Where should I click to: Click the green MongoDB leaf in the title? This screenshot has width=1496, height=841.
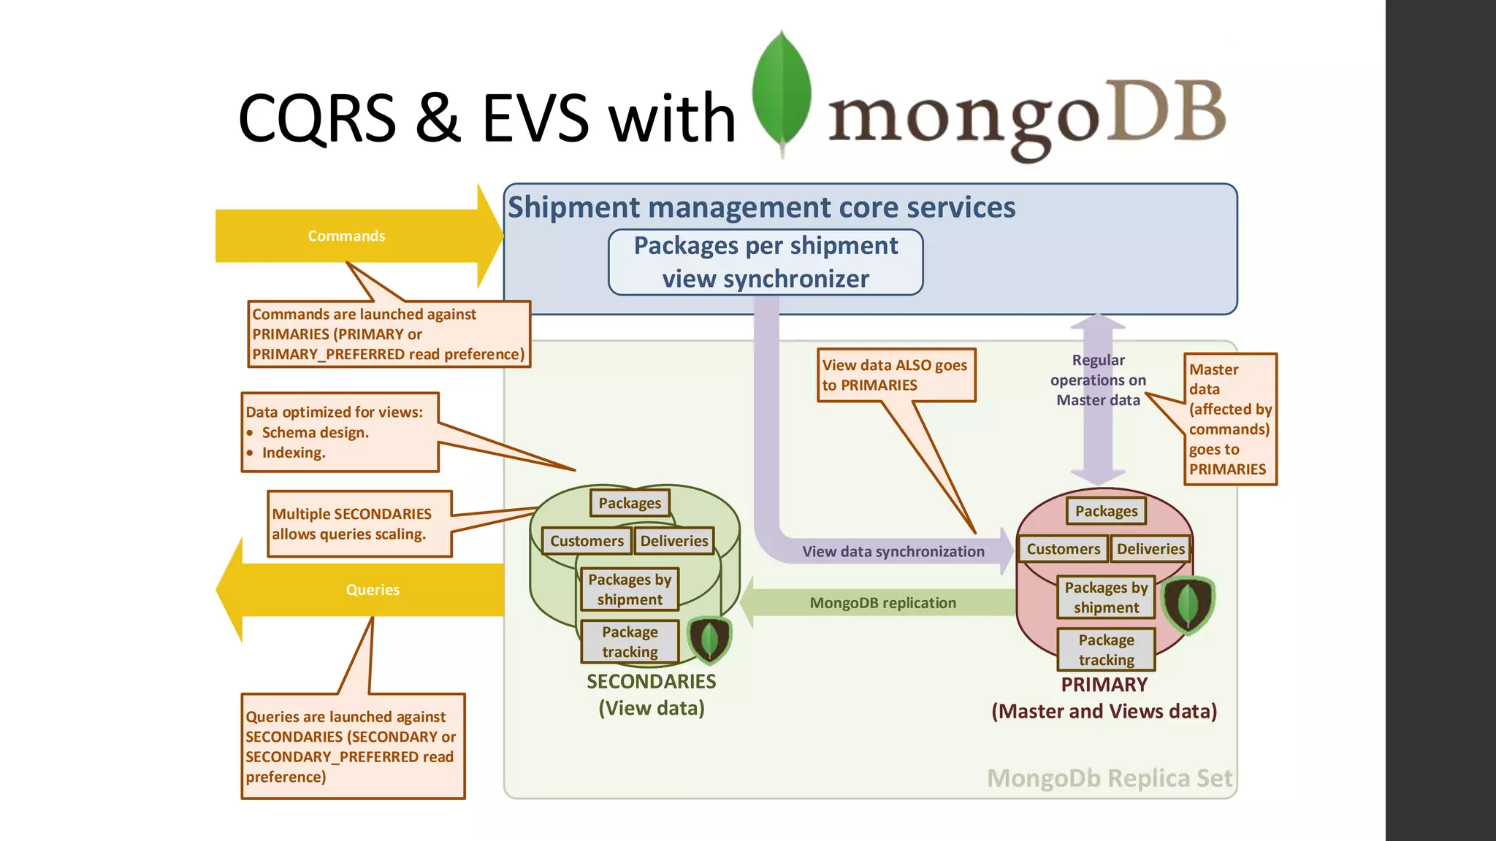coord(782,91)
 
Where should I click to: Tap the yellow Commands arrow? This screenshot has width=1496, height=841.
coord(346,236)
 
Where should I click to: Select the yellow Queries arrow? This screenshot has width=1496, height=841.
coord(373,590)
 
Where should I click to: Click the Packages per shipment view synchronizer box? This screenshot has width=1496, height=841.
coord(766,262)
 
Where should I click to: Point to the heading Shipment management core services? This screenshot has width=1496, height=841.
coord(761,207)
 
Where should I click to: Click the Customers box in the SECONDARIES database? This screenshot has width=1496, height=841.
coord(587,541)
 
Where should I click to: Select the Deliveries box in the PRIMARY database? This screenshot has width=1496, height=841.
coord(1150,549)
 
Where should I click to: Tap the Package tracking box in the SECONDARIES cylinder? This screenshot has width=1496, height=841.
coord(630,642)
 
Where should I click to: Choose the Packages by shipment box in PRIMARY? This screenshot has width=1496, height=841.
coord(1106,597)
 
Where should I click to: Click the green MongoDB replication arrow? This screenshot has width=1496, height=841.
coord(882,603)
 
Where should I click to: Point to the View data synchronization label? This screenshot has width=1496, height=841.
coord(893,552)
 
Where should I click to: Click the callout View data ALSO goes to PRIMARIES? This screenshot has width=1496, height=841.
coord(896,375)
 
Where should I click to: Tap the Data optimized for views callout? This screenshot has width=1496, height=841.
coord(340,432)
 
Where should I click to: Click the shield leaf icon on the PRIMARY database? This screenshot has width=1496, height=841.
coord(1188,604)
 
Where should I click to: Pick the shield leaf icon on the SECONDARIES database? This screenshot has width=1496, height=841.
coord(709,640)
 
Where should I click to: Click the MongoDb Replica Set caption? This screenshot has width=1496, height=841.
coord(1109,778)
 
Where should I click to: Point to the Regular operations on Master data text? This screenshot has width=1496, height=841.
coord(1098,380)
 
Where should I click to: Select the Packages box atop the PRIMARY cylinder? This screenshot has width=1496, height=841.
coord(1106,511)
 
